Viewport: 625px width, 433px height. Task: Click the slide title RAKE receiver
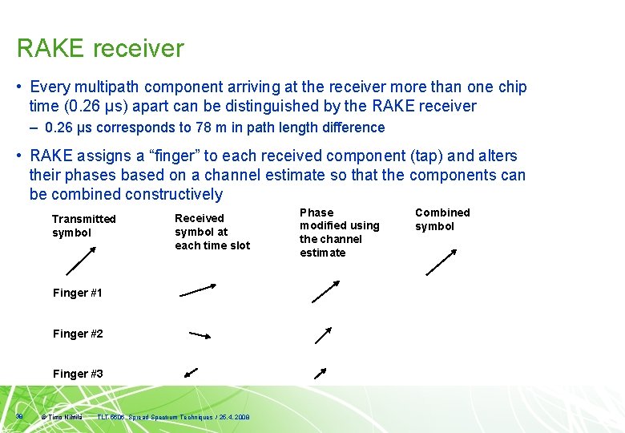100,49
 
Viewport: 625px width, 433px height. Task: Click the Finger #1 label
78,293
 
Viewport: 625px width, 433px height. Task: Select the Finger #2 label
78,334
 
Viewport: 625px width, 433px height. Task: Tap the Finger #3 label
78,374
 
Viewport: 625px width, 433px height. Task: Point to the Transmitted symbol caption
83,225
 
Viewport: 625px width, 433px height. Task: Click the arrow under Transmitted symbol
80,261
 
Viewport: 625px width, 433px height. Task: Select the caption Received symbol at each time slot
212,232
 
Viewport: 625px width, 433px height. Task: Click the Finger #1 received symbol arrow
198,289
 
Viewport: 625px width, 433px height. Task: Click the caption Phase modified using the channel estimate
339,233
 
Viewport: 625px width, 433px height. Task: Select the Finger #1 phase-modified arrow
325,291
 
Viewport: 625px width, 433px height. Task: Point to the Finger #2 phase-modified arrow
323,335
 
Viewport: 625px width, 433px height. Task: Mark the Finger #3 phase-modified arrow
320,373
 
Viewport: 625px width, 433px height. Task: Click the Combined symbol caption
442,219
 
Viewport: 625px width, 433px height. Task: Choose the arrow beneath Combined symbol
442,262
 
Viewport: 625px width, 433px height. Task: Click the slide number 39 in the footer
18,416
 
